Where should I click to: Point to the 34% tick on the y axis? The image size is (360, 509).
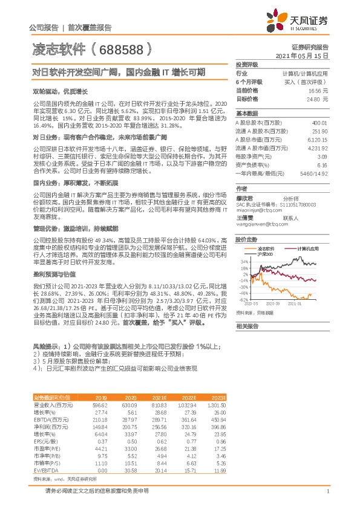point(243,261)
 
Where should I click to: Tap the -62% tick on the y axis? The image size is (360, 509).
point(242,300)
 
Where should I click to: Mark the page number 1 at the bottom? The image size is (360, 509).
point(327,492)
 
